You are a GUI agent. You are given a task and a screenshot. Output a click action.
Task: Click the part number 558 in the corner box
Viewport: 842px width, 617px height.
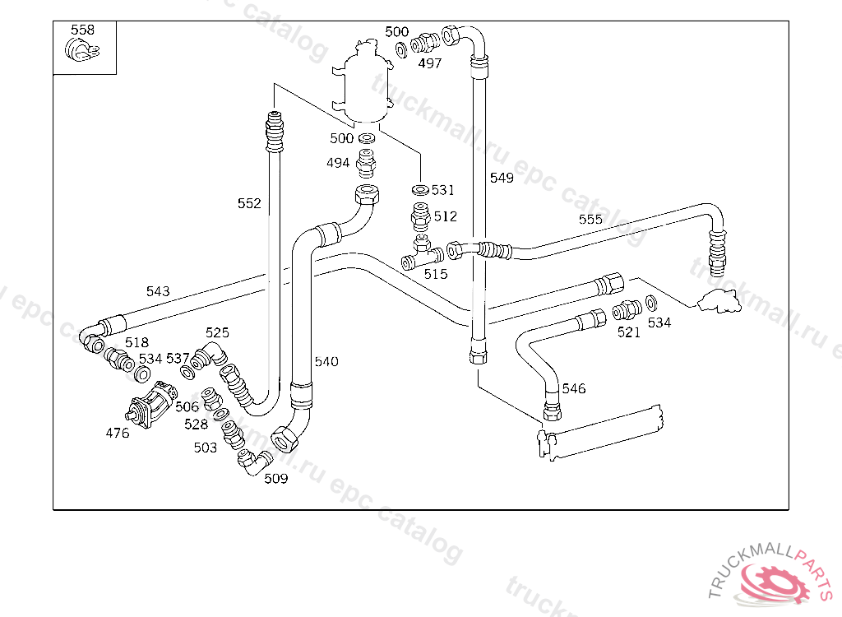coord(83,30)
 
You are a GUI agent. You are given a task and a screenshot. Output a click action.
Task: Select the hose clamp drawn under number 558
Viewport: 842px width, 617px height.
coord(82,50)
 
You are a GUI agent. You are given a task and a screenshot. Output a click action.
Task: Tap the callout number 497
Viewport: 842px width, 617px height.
coord(430,63)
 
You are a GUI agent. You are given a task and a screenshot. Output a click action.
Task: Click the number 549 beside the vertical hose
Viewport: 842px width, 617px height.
coord(502,178)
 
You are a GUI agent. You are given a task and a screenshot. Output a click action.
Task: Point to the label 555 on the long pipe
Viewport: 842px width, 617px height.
coord(590,220)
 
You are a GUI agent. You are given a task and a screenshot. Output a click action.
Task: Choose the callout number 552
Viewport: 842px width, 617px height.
coord(249,203)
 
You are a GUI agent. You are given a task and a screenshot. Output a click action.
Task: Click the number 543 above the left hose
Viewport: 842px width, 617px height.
coord(158,291)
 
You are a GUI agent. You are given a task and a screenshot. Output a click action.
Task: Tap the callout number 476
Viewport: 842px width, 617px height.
coord(117,433)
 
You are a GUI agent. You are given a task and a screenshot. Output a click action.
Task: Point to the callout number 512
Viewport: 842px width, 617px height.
coord(445,216)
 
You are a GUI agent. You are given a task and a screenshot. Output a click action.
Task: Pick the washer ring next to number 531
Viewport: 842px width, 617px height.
coord(420,190)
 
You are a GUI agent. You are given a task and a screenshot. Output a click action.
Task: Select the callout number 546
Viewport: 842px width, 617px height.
coord(573,388)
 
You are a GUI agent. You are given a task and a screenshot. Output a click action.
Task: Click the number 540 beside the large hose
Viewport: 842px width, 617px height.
coord(326,362)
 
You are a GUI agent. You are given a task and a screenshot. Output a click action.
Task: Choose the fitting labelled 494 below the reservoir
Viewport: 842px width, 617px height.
coord(366,164)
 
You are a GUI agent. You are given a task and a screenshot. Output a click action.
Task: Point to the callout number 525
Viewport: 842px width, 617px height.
coord(217,332)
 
